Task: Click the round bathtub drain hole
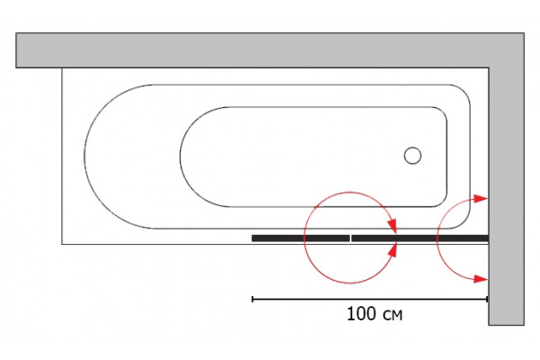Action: (x=412, y=156)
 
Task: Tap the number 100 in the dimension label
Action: (x=362, y=314)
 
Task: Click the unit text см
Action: (x=391, y=315)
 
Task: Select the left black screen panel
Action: (x=301, y=238)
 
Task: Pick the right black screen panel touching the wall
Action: (x=419, y=238)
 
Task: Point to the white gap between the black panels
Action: (x=351, y=238)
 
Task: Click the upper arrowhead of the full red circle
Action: (x=391, y=226)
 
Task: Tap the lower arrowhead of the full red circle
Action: (x=392, y=249)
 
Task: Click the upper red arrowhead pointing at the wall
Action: (x=481, y=198)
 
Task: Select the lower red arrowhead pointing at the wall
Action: (x=481, y=279)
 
